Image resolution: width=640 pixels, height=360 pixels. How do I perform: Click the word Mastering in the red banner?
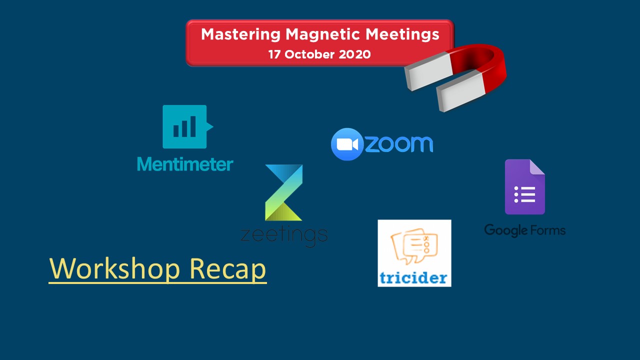click(241, 35)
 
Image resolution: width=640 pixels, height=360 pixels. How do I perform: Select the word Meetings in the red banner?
click(402, 35)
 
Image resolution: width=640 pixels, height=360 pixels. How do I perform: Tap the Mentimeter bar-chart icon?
click(187, 126)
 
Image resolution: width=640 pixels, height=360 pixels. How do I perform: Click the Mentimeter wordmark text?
click(185, 164)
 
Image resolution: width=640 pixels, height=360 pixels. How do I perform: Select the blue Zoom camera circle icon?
click(347, 144)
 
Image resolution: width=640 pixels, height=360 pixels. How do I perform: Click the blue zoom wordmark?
click(399, 144)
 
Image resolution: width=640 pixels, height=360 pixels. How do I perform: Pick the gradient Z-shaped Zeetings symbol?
click(283, 192)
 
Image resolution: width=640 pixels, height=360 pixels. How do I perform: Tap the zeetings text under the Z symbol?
click(284, 235)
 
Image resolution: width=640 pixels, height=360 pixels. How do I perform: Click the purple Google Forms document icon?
click(525, 187)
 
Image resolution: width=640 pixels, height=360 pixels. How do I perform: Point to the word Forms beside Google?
click(547, 230)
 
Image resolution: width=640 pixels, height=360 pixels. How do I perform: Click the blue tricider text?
click(413, 277)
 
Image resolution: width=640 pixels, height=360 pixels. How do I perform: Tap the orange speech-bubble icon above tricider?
click(414, 245)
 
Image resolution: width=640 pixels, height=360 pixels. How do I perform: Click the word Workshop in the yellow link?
click(114, 268)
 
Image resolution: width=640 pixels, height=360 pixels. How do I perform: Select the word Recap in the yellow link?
click(227, 269)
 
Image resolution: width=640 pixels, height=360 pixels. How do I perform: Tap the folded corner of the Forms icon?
click(536, 167)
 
